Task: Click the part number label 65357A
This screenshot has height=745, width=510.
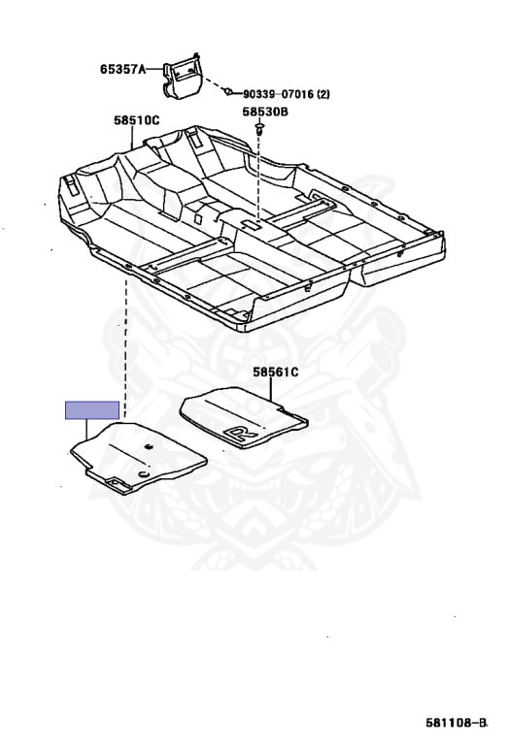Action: [x=122, y=70]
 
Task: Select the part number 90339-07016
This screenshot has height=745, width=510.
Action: [x=278, y=94]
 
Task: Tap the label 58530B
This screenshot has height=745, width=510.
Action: [x=265, y=113]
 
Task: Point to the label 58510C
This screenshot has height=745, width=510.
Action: [x=137, y=120]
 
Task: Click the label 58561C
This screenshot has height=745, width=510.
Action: [x=276, y=372]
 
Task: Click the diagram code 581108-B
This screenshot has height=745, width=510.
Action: [x=457, y=723]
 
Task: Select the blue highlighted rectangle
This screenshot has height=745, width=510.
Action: [x=92, y=410]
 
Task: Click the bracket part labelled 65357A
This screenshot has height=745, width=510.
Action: [x=183, y=76]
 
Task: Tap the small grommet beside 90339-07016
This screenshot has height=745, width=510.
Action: [x=229, y=91]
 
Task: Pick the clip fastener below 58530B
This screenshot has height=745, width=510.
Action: [x=259, y=128]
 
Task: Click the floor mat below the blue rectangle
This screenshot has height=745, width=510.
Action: [x=139, y=457]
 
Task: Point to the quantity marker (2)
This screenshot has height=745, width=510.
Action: [x=323, y=94]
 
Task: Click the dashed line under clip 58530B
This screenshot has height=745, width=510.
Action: [x=258, y=178]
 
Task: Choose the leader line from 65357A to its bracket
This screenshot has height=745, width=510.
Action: [x=153, y=70]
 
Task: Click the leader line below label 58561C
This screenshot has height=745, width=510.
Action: [x=271, y=390]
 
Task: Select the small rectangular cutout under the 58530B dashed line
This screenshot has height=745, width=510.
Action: [x=251, y=225]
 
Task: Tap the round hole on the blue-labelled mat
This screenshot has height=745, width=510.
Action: [x=145, y=475]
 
